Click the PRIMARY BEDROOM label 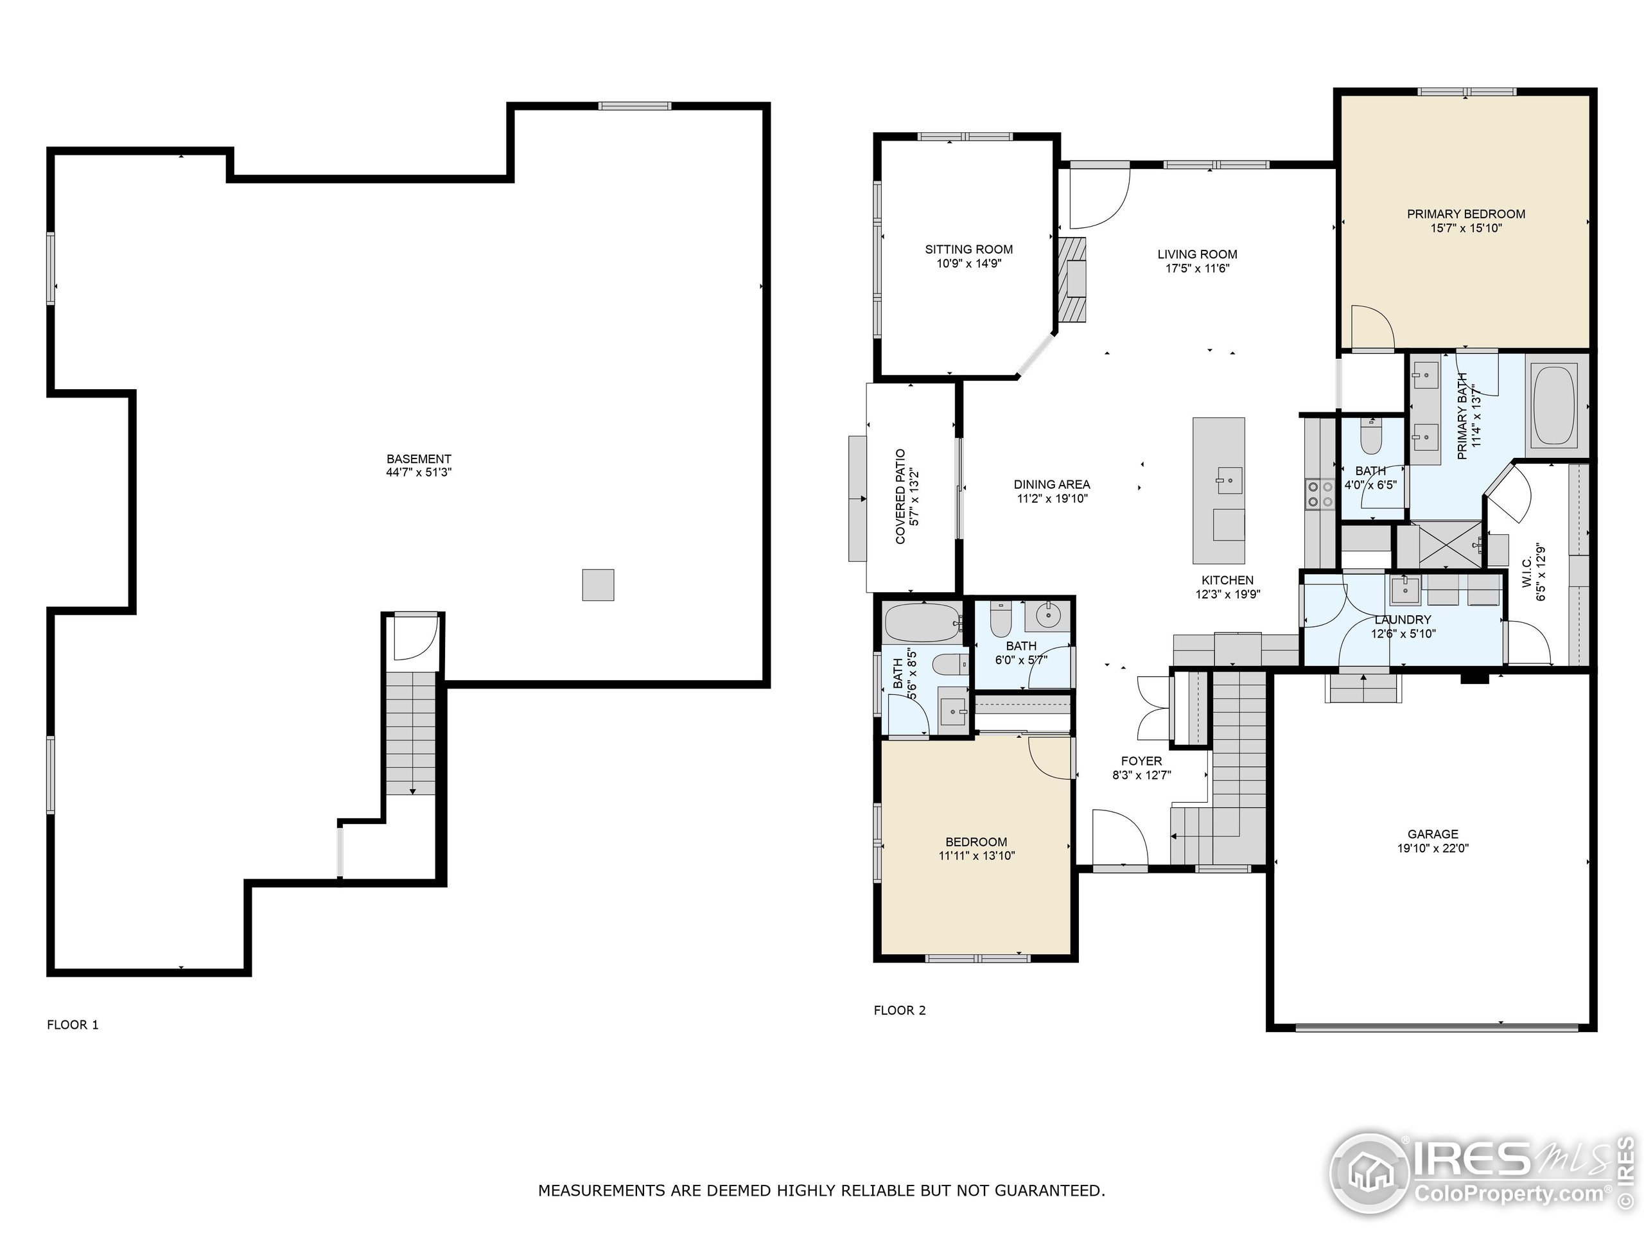1465,214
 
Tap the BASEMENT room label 419,459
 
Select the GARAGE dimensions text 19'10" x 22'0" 1432,848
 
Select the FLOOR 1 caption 73,1025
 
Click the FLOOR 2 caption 899,1010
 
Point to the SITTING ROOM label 968,250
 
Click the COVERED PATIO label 901,496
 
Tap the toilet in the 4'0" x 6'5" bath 1370,439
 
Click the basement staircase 410,732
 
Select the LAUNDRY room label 1403,620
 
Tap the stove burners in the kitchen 1320,494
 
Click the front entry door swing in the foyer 1119,837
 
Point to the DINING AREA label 1052,485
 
